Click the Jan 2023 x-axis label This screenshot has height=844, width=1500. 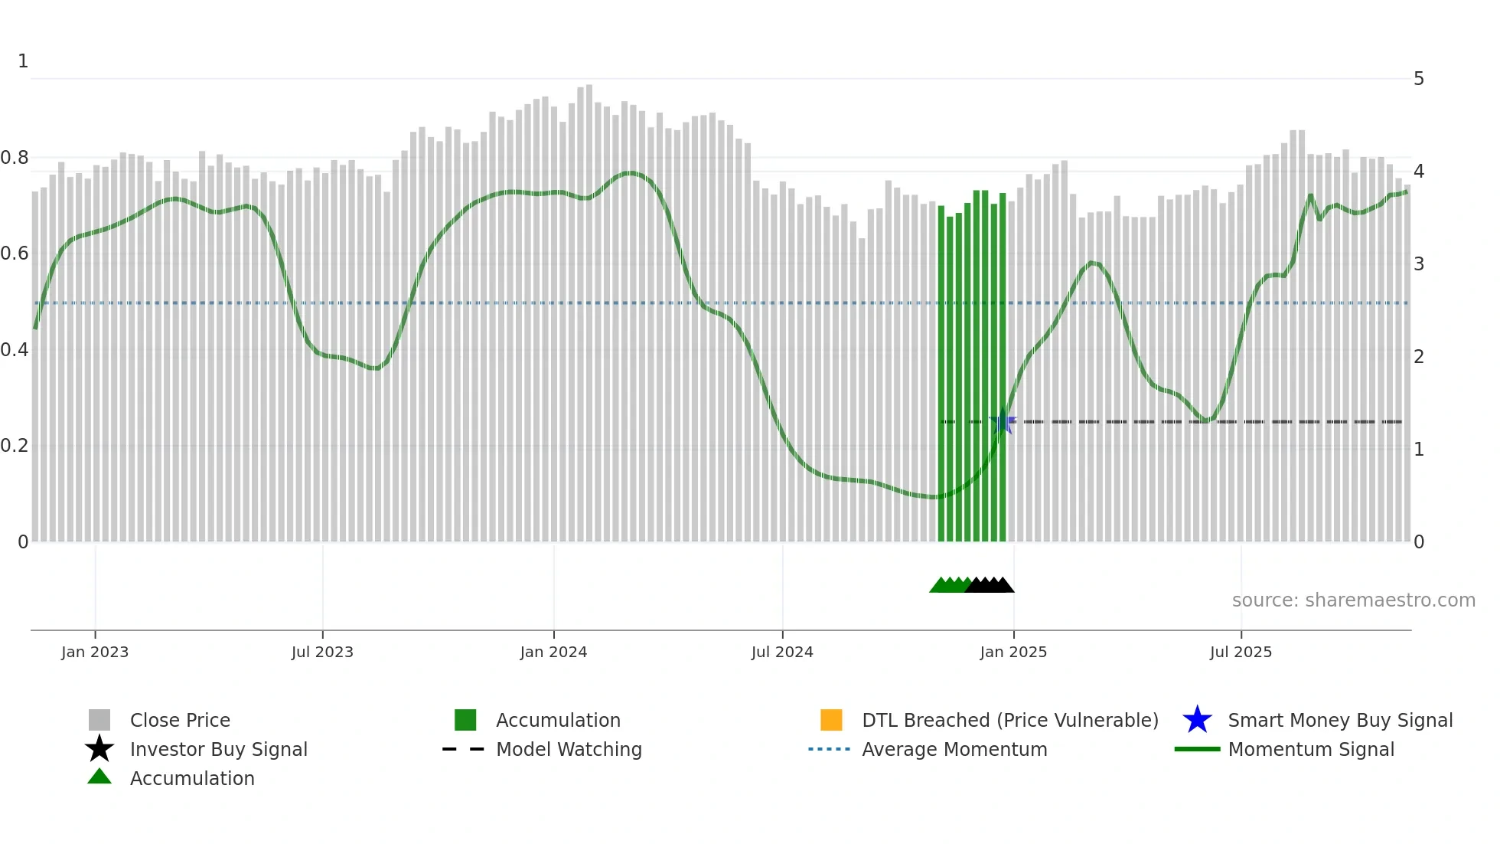(95, 652)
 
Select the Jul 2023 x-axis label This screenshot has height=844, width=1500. (322, 652)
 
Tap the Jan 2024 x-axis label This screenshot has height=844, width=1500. (553, 652)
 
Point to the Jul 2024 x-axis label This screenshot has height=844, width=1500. (782, 652)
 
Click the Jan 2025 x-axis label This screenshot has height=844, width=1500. (1013, 652)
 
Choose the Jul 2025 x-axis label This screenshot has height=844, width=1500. (1241, 652)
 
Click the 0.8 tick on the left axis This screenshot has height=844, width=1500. (15, 158)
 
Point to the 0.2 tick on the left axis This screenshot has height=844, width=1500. (15, 446)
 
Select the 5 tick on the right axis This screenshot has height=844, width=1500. (1419, 79)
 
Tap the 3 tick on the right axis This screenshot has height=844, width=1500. (1419, 264)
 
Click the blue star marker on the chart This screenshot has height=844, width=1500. (1002, 422)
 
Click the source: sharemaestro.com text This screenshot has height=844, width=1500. (1353, 600)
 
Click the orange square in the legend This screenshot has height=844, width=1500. (831, 720)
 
